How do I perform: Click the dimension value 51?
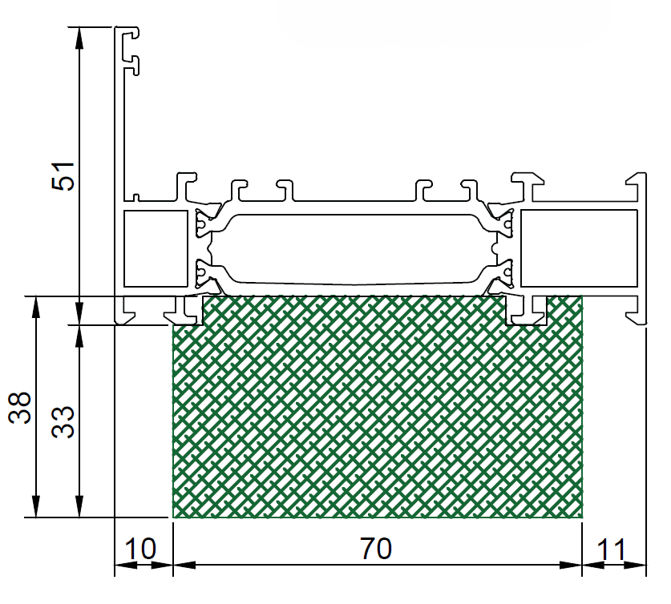(x=63, y=176)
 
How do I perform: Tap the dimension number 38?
(x=20, y=408)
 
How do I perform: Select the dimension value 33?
(x=63, y=422)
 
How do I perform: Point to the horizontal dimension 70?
(x=376, y=549)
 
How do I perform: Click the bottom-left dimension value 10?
(x=140, y=549)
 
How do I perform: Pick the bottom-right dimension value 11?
(x=612, y=550)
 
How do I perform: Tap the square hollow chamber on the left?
(x=156, y=248)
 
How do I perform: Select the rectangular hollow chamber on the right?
(x=579, y=248)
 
